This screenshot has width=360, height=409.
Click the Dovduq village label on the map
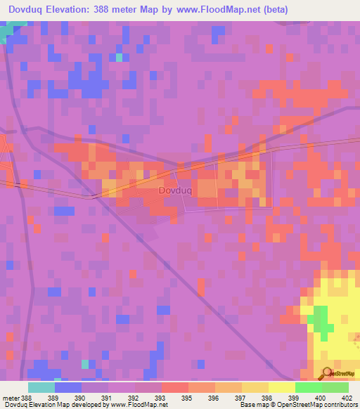click(x=174, y=190)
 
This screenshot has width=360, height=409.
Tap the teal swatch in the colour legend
click(x=41, y=387)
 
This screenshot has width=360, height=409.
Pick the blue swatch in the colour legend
click(x=68, y=387)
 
